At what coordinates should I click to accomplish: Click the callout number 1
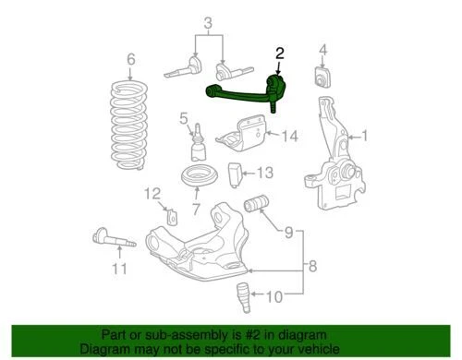364,138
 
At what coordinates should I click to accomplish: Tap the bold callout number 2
279,54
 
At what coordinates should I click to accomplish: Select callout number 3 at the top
208,22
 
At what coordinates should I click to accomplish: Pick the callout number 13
265,172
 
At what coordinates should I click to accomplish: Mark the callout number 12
153,193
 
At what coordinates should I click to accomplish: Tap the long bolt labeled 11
115,243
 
